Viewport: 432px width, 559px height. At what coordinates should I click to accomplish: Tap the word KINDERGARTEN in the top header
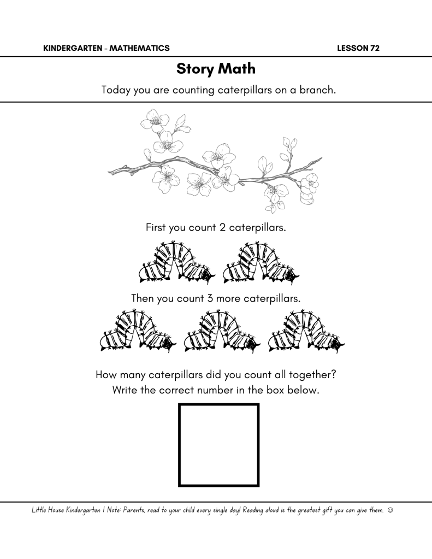73,48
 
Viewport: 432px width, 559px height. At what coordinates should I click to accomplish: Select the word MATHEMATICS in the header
139,48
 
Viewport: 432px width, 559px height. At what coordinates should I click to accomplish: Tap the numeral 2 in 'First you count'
222,227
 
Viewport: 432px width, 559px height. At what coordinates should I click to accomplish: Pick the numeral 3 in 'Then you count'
210,298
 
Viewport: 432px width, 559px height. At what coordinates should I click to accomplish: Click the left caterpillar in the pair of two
177,263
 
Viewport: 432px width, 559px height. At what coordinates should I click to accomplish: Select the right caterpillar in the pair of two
261,263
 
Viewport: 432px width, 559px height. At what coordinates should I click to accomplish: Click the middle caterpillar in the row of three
222,332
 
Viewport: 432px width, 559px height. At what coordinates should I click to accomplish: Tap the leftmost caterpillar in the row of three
138,332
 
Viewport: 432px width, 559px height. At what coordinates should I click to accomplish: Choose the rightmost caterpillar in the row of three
306,332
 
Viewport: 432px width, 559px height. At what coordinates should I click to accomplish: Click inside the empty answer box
219,445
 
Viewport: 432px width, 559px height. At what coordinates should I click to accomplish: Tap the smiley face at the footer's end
390,510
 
